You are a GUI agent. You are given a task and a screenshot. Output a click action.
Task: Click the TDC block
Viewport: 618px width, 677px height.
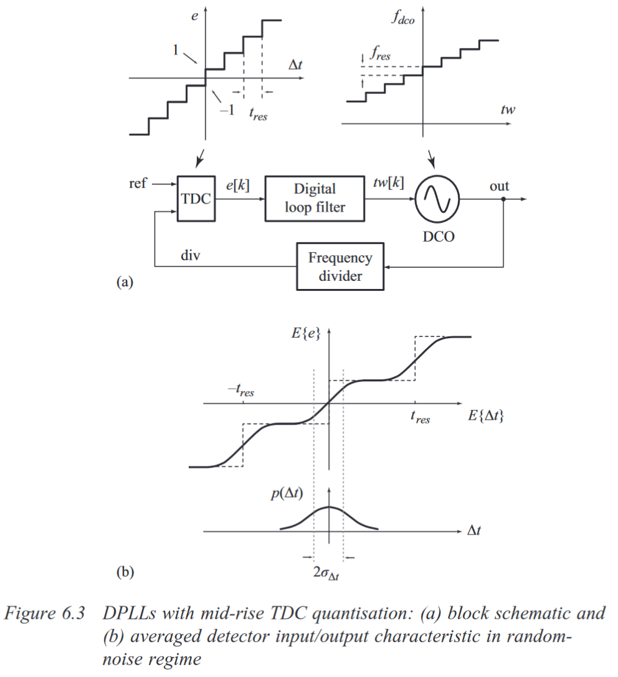coord(196,199)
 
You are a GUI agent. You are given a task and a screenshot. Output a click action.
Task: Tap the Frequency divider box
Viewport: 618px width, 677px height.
coord(340,266)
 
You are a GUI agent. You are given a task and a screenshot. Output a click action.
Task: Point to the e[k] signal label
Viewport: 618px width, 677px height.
coord(238,184)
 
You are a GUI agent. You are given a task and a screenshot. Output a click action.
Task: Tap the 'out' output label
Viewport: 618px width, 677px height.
coord(499,186)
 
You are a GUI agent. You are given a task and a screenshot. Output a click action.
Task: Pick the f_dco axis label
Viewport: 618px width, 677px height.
coord(403,17)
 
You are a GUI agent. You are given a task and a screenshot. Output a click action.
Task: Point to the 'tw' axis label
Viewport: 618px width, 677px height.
coord(508,109)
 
